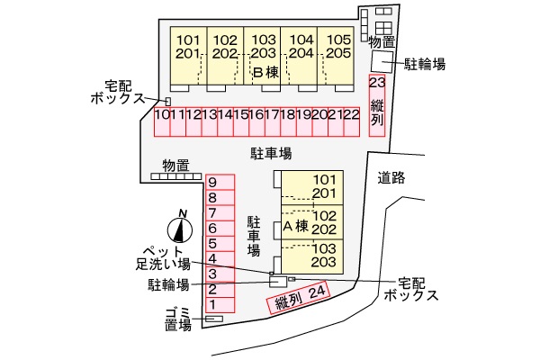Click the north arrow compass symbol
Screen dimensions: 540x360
[x=180, y=230]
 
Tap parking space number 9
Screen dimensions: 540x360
[x=220, y=182]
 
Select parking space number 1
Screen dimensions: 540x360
[x=220, y=305]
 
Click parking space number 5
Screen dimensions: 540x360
[x=220, y=244]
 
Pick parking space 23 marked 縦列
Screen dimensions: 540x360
[x=377, y=105]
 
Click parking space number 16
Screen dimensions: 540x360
[x=256, y=122]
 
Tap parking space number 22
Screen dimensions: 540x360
[x=352, y=122]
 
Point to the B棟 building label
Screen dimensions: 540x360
[x=265, y=72]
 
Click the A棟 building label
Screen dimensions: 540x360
[x=295, y=226]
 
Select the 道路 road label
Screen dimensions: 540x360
[x=391, y=178]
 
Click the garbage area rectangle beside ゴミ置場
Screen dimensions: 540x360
[x=214, y=319]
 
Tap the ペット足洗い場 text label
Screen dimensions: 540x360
[x=163, y=257]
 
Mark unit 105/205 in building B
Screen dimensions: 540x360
[x=336, y=56]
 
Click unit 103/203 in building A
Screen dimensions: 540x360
[x=312, y=256]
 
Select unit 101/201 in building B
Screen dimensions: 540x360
[x=189, y=56]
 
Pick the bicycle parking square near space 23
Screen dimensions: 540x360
[x=382, y=62]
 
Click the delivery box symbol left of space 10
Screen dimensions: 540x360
[x=168, y=102]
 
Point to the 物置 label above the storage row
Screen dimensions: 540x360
[x=176, y=166]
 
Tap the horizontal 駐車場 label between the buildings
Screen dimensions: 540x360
[x=271, y=153]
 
